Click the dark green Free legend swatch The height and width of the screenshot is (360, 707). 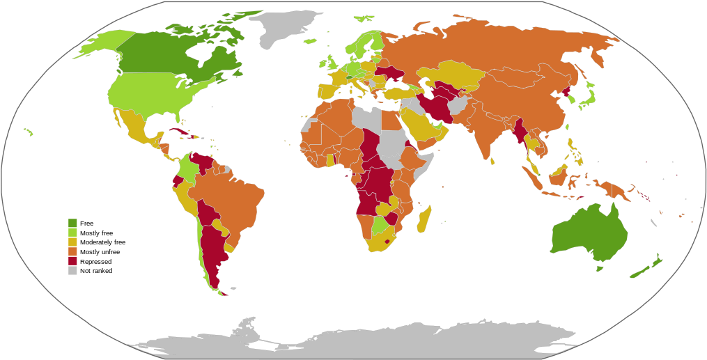pyautogui.click(x=72, y=223)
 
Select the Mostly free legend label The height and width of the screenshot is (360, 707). pyautogui.click(x=96, y=233)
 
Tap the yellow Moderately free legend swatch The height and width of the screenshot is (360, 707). pyautogui.click(x=72, y=242)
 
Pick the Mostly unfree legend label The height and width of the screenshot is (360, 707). pyautogui.click(x=100, y=252)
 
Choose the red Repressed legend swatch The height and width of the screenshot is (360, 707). pyautogui.click(x=72, y=261)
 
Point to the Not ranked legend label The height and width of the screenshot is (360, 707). pyautogui.click(x=96, y=271)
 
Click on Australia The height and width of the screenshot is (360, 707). pyautogui.click(x=589, y=233)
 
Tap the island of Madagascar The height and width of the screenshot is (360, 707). pyautogui.click(x=424, y=219)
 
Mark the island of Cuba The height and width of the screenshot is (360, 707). pyautogui.click(x=180, y=132)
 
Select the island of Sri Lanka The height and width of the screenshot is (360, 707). pyautogui.click(x=492, y=161)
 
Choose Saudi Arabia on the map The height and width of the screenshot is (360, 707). pyautogui.click(x=418, y=125)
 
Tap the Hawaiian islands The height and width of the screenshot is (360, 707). pyautogui.click(x=29, y=131)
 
